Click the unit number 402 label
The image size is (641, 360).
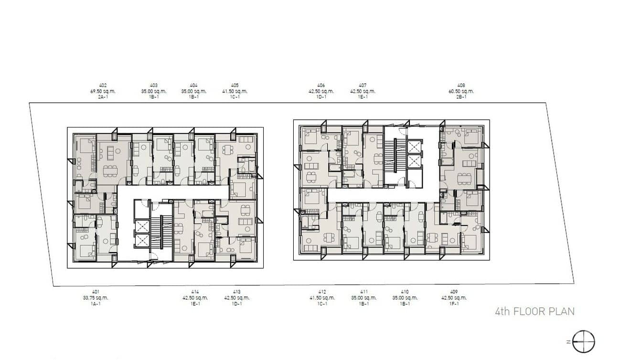103,85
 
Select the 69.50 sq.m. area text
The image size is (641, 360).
103,91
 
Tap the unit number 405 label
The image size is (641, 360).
234,85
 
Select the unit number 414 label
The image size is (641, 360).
194,292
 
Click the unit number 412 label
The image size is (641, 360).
322,292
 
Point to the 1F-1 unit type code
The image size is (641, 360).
454,304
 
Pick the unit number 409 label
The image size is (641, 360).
454,292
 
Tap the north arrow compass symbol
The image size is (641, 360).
584,342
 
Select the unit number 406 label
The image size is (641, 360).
321,85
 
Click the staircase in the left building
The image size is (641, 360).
162,232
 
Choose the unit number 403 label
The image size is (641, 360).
153,85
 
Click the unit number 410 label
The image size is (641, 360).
405,292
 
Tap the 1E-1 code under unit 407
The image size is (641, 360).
363,97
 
